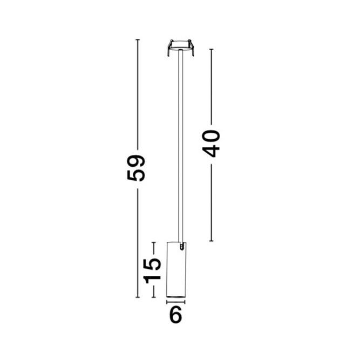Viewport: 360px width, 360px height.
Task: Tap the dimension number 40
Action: tap(212, 143)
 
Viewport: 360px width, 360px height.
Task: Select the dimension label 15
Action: tap(153, 269)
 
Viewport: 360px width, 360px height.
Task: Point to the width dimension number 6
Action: tap(175, 315)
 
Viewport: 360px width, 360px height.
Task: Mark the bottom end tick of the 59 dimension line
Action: tap(138, 297)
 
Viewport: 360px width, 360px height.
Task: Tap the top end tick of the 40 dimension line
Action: tap(212, 49)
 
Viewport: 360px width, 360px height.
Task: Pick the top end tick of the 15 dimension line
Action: tap(154, 242)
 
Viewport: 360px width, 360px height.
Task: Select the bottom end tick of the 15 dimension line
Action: tap(154, 297)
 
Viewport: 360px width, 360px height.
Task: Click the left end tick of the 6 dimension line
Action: tap(167, 303)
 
